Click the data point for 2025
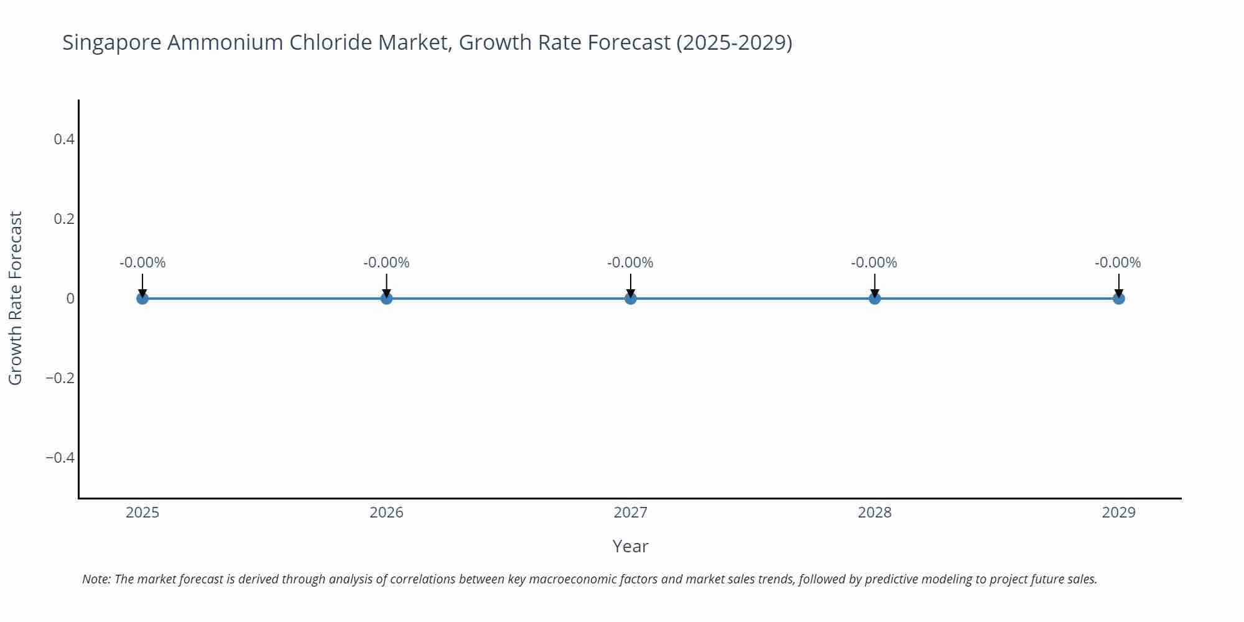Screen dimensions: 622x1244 click(x=142, y=299)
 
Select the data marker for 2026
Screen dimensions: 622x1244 click(x=386, y=299)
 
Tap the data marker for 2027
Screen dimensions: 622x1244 click(x=631, y=299)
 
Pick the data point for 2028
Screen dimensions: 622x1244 click(x=875, y=299)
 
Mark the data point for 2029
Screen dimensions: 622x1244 click(x=1118, y=299)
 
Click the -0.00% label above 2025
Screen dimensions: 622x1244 click(x=142, y=262)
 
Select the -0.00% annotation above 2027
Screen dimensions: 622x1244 click(x=630, y=262)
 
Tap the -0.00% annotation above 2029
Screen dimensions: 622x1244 click(x=1118, y=262)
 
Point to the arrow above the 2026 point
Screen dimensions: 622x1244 click(x=386, y=285)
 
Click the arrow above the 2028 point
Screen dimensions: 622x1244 click(x=875, y=285)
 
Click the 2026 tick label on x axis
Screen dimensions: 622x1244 click(x=386, y=513)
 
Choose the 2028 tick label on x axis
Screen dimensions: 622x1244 click(x=875, y=513)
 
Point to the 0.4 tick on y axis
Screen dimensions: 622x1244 click(x=64, y=139)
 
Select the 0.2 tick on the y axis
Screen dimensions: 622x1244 click(x=64, y=219)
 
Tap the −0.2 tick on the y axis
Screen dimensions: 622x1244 click(x=60, y=378)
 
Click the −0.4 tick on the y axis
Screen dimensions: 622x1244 click(x=60, y=458)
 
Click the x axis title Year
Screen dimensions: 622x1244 click(x=630, y=546)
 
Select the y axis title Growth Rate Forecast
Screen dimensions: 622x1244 click(x=16, y=298)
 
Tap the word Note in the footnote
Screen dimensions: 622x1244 click(x=96, y=579)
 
